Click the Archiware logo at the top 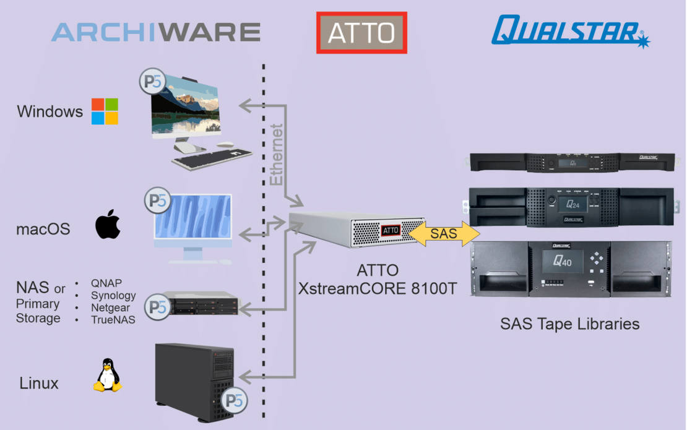[155, 32]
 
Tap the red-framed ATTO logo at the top [361, 33]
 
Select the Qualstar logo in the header [570, 31]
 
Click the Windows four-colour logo [105, 111]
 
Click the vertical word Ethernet [277, 155]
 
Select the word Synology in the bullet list [113, 296]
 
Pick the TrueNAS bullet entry [113, 319]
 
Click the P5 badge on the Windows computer [151, 83]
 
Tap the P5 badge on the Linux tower [235, 400]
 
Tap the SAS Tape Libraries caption [569, 324]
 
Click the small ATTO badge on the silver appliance [391, 230]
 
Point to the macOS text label [43, 230]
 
